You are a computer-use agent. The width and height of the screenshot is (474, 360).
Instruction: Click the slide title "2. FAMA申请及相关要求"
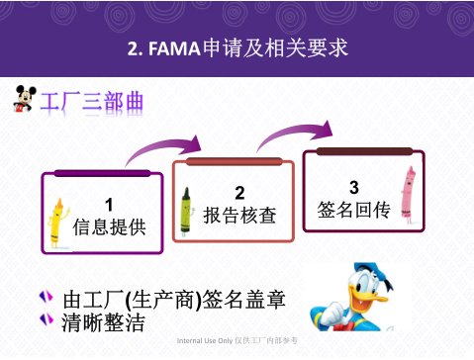[237, 48]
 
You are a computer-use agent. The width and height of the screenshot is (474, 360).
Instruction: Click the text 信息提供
[108, 225]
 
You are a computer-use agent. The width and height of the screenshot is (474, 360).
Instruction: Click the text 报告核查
[238, 213]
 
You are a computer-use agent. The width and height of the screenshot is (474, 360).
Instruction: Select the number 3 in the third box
[354, 187]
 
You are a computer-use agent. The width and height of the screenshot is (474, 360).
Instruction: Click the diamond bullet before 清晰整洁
[44, 319]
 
